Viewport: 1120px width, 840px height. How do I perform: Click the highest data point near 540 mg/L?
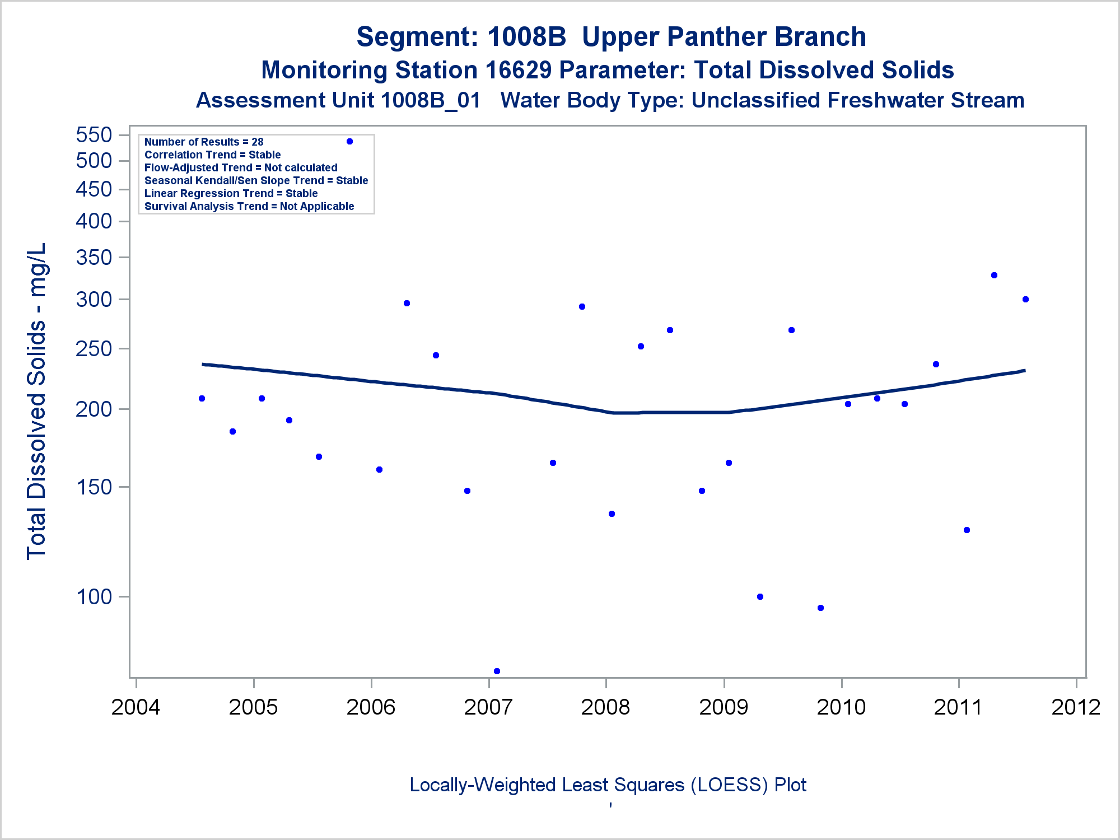click(x=349, y=142)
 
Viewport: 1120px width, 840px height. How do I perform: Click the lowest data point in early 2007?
click(x=497, y=671)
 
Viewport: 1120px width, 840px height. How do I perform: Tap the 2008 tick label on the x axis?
click(x=605, y=707)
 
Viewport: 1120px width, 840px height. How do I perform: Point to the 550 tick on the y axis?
click(x=94, y=135)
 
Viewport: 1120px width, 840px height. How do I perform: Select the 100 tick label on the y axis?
click(x=94, y=597)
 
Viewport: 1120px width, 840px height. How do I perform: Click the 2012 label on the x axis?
click(x=1076, y=707)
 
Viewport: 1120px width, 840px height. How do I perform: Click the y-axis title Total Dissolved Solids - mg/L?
click(x=36, y=401)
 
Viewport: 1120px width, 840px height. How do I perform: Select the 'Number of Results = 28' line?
click(x=204, y=142)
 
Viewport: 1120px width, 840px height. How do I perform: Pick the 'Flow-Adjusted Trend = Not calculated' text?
click(x=241, y=167)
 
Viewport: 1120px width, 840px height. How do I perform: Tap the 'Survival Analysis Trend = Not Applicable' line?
click(x=249, y=206)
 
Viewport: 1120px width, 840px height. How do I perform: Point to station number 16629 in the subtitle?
click(x=519, y=71)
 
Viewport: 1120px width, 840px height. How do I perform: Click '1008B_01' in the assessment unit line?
click(x=431, y=101)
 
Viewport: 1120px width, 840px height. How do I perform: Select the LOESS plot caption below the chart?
click(x=608, y=785)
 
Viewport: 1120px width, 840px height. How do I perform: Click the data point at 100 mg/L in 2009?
click(x=760, y=596)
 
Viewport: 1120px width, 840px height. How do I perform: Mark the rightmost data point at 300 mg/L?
click(x=1025, y=299)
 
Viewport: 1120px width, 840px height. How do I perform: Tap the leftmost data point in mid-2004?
click(x=202, y=398)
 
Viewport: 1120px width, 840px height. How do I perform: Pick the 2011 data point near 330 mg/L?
click(x=994, y=275)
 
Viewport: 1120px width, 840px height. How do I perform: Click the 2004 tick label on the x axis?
click(x=136, y=707)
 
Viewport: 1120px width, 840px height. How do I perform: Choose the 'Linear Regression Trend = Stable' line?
click(x=231, y=193)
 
